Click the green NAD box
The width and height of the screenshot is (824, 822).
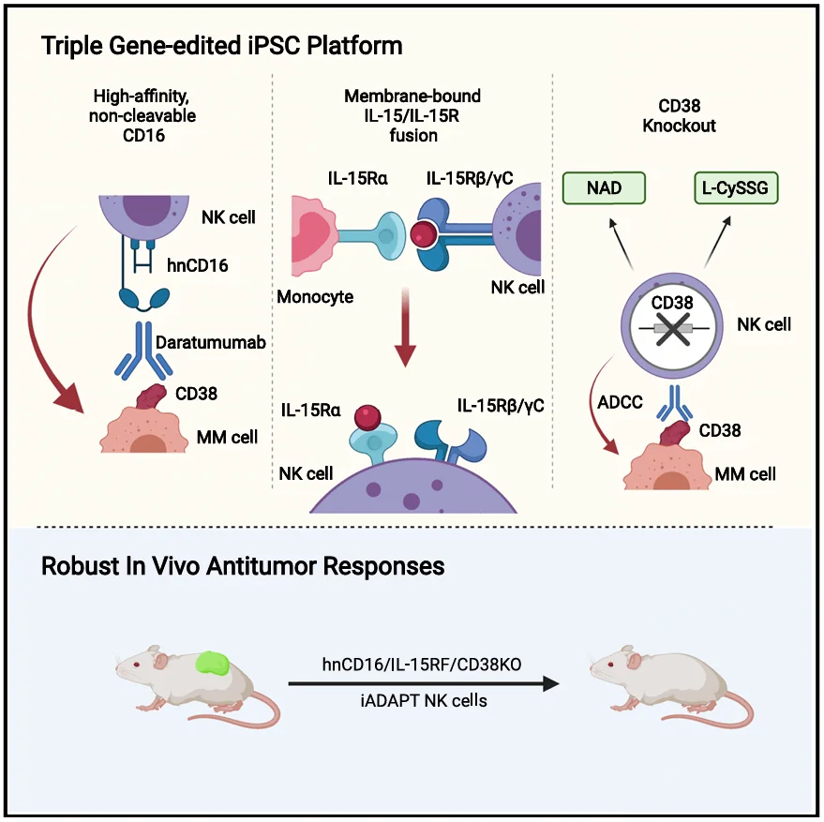(605, 188)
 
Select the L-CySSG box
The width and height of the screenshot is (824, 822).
(736, 188)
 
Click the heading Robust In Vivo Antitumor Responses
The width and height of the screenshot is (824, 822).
(243, 567)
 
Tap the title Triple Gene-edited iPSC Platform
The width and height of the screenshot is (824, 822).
(221, 45)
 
